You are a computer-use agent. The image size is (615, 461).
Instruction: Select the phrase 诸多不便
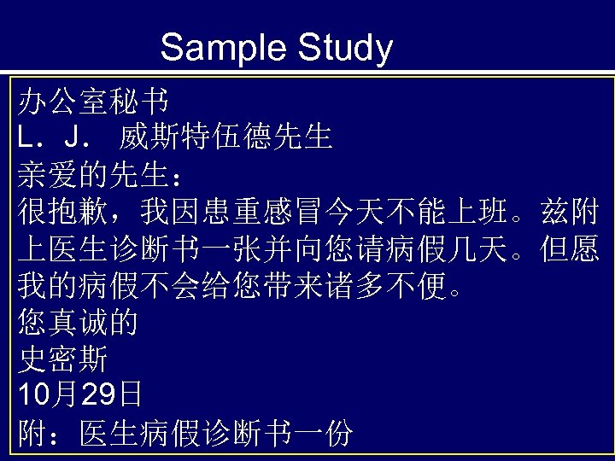pyautogui.click(x=389, y=285)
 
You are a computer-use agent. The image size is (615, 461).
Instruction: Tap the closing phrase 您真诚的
pyautogui.click(x=78, y=323)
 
